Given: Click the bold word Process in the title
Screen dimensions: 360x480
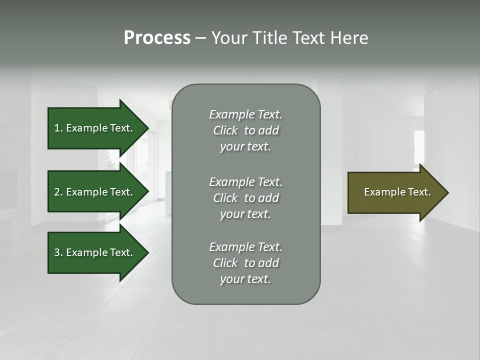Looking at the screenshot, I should click(157, 38).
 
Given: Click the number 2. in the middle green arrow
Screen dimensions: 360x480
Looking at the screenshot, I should click(58, 192).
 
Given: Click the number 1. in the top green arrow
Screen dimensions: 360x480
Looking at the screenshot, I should click(58, 128).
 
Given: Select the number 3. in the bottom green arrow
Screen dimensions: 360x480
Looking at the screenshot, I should click(58, 252).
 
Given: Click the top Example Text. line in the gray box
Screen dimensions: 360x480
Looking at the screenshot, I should click(245, 114).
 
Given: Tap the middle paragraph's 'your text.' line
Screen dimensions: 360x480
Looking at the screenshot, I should click(245, 214).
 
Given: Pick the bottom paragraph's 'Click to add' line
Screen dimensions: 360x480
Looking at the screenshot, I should click(245, 263).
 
